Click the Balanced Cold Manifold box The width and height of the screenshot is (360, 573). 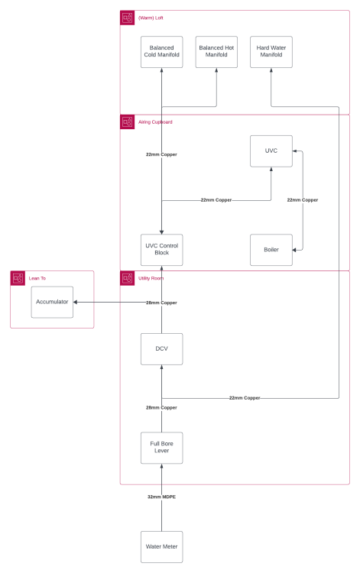[161, 52]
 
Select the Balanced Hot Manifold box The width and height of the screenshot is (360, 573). [216, 52]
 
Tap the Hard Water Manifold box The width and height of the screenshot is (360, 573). [271, 52]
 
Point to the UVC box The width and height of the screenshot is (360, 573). [271, 151]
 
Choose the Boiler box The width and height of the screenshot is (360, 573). [271, 250]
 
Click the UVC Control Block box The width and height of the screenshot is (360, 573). [161, 250]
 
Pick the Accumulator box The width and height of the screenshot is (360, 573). [52, 303]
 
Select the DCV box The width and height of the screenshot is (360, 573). [161, 349]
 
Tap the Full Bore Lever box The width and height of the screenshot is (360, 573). [161, 448]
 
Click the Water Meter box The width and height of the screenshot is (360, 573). [161, 547]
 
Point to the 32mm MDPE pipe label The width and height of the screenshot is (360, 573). [161, 497]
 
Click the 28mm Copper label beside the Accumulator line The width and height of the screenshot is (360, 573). [161, 303]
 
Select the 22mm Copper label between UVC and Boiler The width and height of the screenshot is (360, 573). [303, 200]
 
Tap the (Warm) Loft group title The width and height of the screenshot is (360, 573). [151, 18]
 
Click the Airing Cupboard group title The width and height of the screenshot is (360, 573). [155, 122]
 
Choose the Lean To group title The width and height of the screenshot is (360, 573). [37, 278]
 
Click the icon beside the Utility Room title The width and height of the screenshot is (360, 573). [127, 278]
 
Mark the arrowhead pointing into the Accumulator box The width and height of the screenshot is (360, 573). [76, 303]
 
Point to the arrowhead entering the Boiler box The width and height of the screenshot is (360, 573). [294, 250]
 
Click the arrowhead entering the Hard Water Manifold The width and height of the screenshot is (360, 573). [271, 70]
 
